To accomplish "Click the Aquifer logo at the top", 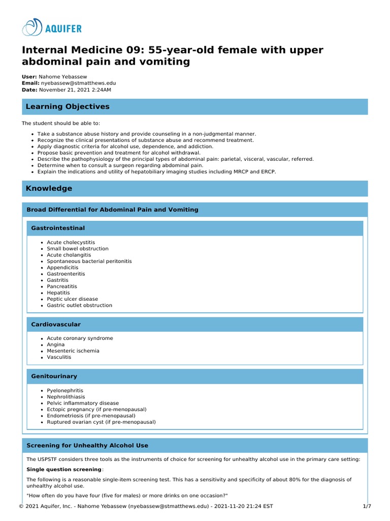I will [x=52, y=27].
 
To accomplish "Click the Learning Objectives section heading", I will [x=68, y=107].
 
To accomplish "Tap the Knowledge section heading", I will [x=49, y=188].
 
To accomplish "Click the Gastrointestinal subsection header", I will [x=58, y=228].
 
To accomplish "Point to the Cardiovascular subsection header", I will [x=56, y=325].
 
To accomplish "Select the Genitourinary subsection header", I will [x=54, y=377].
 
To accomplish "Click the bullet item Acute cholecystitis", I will [x=71, y=243].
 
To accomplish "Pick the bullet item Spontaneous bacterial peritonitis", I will [x=89, y=262].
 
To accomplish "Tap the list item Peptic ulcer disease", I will [x=72, y=299].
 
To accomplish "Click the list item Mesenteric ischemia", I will [x=73, y=351].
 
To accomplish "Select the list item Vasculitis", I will [x=59, y=357].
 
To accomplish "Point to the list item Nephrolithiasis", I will [x=66, y=397].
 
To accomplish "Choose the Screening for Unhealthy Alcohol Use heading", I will [x=87, y=446].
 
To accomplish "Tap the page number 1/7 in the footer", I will [x=367, y=507].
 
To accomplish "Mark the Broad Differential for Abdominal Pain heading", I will [x=112, y=210].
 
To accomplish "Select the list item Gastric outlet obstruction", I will [x=79, y=306].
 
